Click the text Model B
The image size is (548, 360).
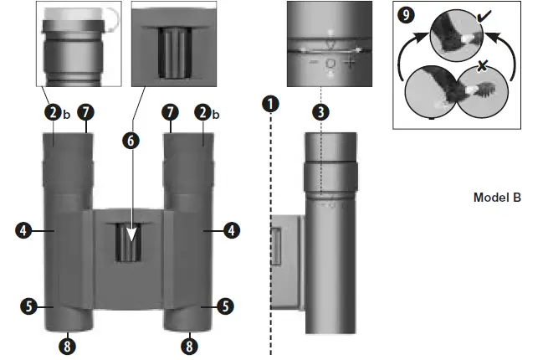(x=497, y=198)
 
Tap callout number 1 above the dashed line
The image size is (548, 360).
(x=269, y=105)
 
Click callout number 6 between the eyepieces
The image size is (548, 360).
(x=129, y=140)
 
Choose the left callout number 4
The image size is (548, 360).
(x=25, y=228)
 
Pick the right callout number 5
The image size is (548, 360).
(x=225, y=306)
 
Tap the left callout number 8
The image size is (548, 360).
(x=68, y=343)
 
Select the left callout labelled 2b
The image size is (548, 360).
(x=54, y=111)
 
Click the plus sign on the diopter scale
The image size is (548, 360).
(x=350, y=63)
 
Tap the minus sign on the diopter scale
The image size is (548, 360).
(x=312, y=63)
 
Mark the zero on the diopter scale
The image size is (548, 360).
(x=331, y=64)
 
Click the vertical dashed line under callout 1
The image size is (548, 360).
(x=269, y=251)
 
